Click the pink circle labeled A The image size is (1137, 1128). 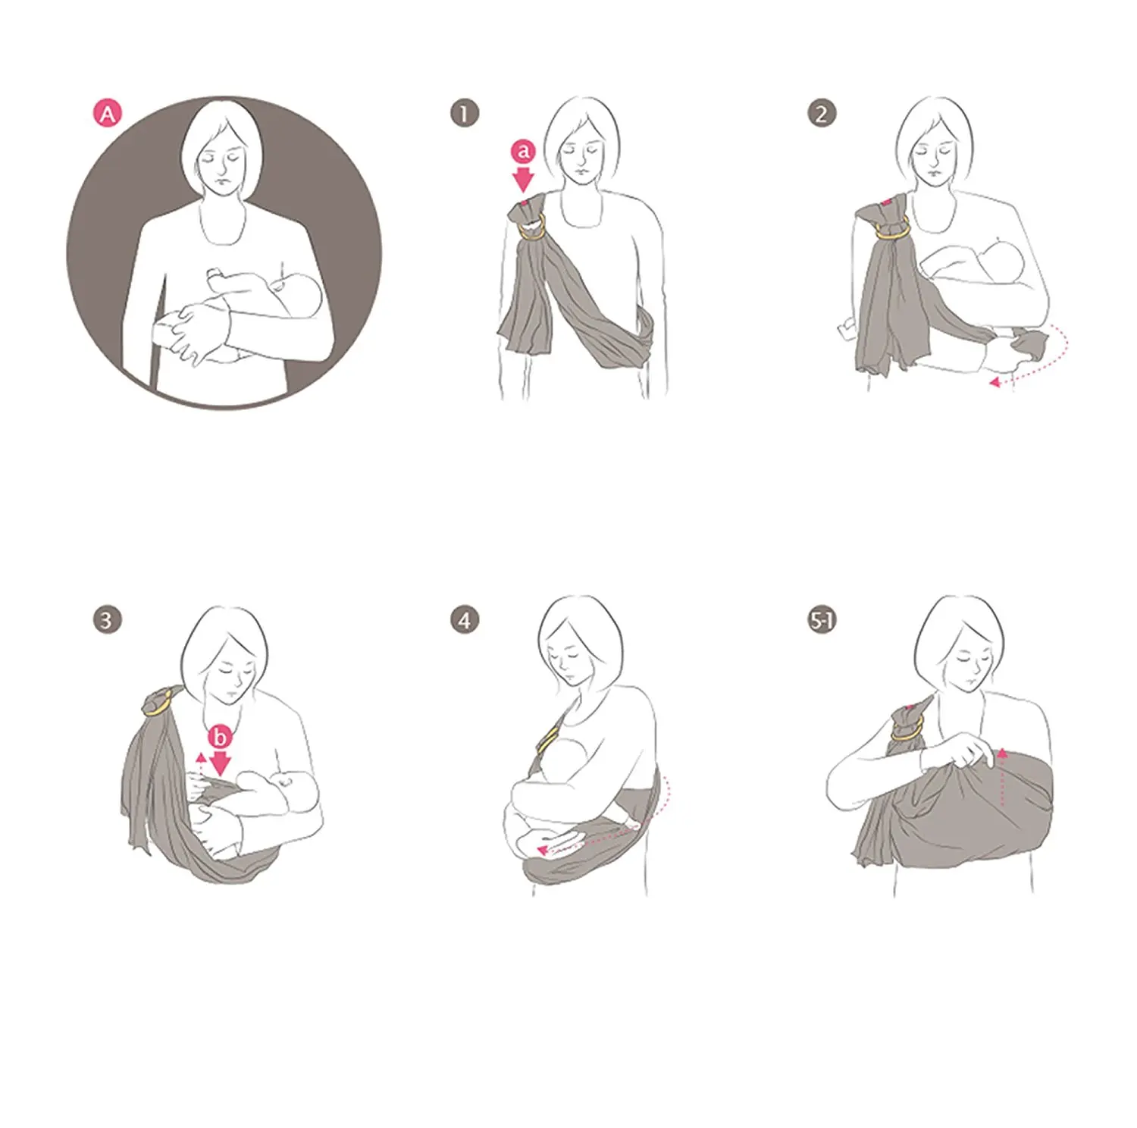[108, 114]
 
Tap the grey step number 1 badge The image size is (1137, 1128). [465, 114]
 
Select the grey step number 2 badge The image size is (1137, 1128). [822, 114]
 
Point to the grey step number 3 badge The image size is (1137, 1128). [107, 620]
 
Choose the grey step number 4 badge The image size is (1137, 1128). [465, 621]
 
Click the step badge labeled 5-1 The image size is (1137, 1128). [822, 621]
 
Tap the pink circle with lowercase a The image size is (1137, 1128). [523, 152]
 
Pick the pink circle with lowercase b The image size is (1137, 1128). [220, 736]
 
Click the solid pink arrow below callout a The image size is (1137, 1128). [523, 180]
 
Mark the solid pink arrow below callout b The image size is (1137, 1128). [220, 764]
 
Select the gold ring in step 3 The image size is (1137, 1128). [155, 708]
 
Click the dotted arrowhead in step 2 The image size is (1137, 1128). [995, 383]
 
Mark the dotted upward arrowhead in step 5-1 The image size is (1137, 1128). [1003, 754]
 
